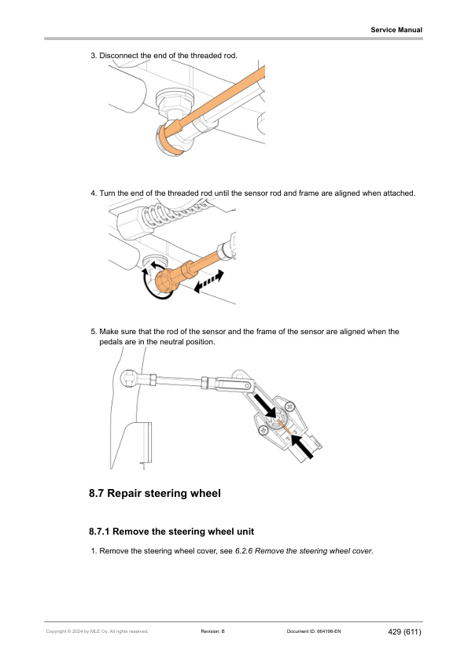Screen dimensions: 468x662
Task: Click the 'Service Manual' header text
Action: pos(396,30)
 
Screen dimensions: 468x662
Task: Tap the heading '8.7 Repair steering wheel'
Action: pos(155,493)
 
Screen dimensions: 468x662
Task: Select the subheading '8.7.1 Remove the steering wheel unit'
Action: pos(171,531)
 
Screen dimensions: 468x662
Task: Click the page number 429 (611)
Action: pos(404,631)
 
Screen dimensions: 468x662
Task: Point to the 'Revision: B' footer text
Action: pos(213,631)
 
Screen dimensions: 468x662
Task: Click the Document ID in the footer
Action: pos(313,631)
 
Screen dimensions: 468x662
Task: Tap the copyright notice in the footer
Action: pos(98,631)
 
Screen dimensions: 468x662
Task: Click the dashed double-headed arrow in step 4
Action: pos(208,281)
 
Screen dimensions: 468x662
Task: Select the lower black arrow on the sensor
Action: pos(303,447)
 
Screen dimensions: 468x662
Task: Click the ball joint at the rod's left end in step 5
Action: pos(129,378)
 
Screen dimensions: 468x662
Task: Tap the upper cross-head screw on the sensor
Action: pos(289,407)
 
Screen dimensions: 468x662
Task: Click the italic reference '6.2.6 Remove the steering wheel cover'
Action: pos(304,551)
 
